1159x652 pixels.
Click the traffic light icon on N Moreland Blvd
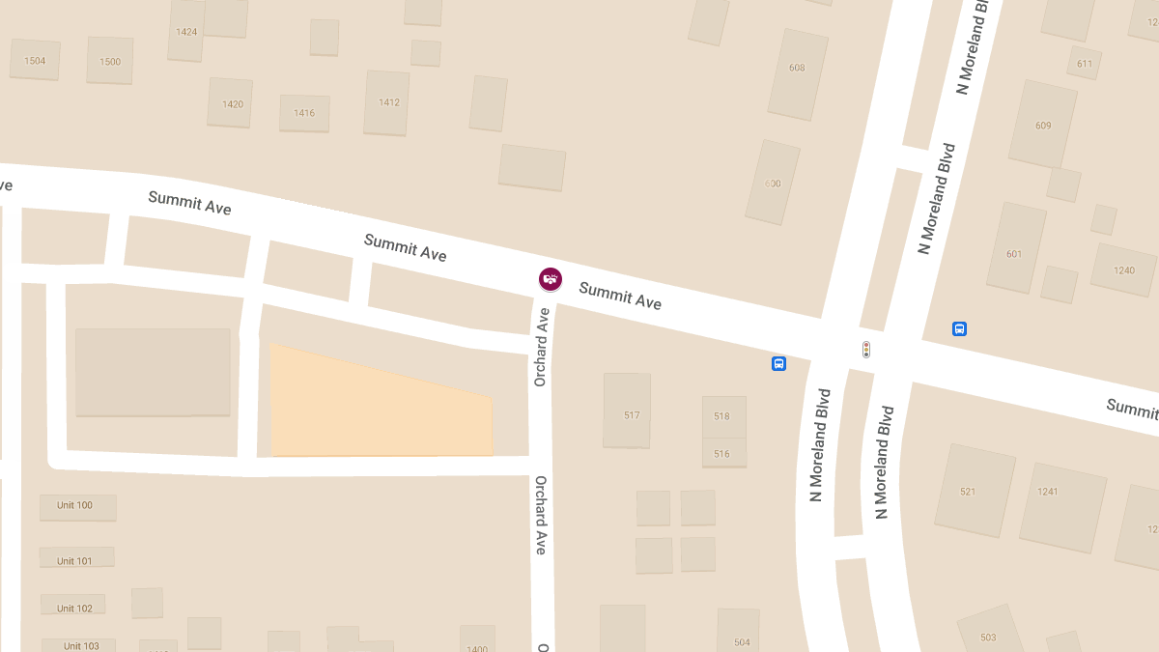866,349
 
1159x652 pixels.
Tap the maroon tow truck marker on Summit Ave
550,279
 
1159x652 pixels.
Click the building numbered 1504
35,60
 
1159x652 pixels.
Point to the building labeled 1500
110,61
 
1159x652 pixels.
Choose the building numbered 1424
186,32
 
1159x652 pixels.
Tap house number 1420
232,103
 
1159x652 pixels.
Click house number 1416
304,113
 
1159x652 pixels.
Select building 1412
387,102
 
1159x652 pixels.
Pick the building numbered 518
722,416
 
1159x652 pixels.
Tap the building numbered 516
722,453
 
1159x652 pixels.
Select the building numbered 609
1043,125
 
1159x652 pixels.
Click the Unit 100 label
75,505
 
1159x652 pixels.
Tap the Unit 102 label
74,608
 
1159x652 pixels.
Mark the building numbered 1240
1123,269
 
